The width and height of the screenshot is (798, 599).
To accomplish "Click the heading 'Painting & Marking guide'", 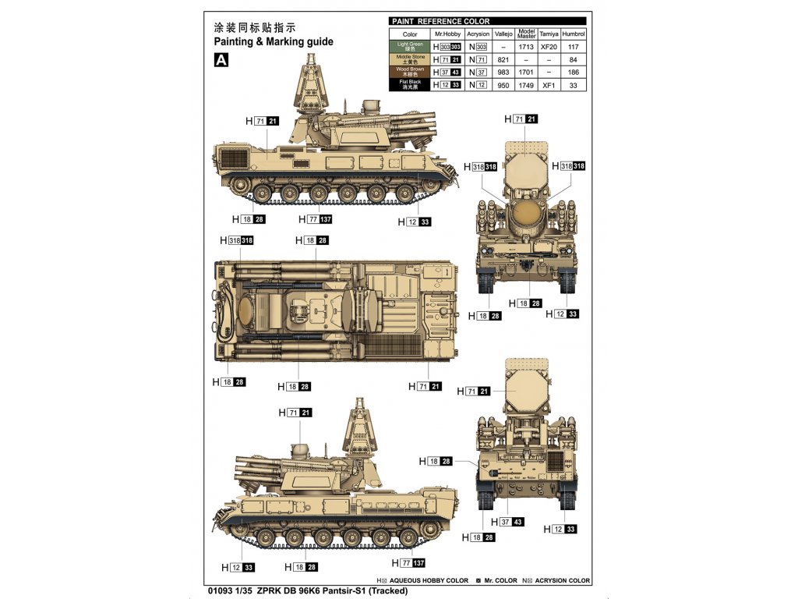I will pyautogui.click(x=273, y=41).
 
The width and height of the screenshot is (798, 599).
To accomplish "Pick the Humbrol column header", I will pyautogui.click(x=574, y=34).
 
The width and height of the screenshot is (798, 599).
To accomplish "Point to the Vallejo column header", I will pyautogui.click(x=503, y=34).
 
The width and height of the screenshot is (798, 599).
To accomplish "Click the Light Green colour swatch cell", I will pyautogui.click(x=410, y=47).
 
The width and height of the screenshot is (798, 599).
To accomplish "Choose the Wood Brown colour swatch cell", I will pyautogui.click(x=410, y=72).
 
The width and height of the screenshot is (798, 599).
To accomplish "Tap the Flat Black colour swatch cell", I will pyautogui.click(x=410, y=84).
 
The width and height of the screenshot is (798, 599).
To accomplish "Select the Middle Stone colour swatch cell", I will pyautogui.click(x=410, y=59).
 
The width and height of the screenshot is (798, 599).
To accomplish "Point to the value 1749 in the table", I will pyautogui.click(x=527, y=84).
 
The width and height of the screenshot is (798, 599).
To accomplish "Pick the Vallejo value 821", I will pyautogui.click(x=503, y=59).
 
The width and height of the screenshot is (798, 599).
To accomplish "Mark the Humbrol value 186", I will pyautogui.click(x=574, y=72).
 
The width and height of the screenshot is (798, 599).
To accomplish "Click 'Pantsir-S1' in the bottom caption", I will pyautogui.click(x=340, y=591).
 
